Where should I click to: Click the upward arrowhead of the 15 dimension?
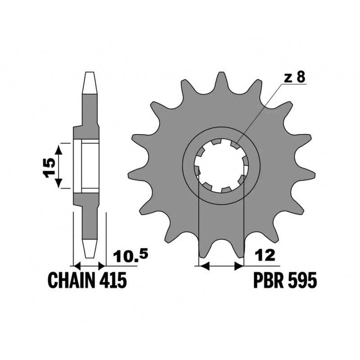click(59, 149)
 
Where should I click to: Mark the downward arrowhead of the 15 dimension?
click(59, 183)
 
